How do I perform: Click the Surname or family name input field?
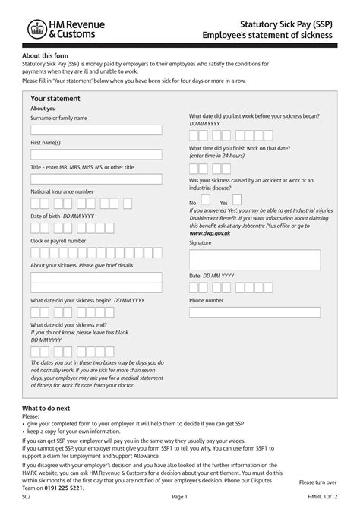coord(96,130)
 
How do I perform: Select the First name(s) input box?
coord(96,154)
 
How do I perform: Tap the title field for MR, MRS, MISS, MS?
coord(96,179)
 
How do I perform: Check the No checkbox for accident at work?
coord(204,203)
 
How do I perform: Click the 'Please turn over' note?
coord(317,482)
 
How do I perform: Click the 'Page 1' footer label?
coord(179,497)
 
